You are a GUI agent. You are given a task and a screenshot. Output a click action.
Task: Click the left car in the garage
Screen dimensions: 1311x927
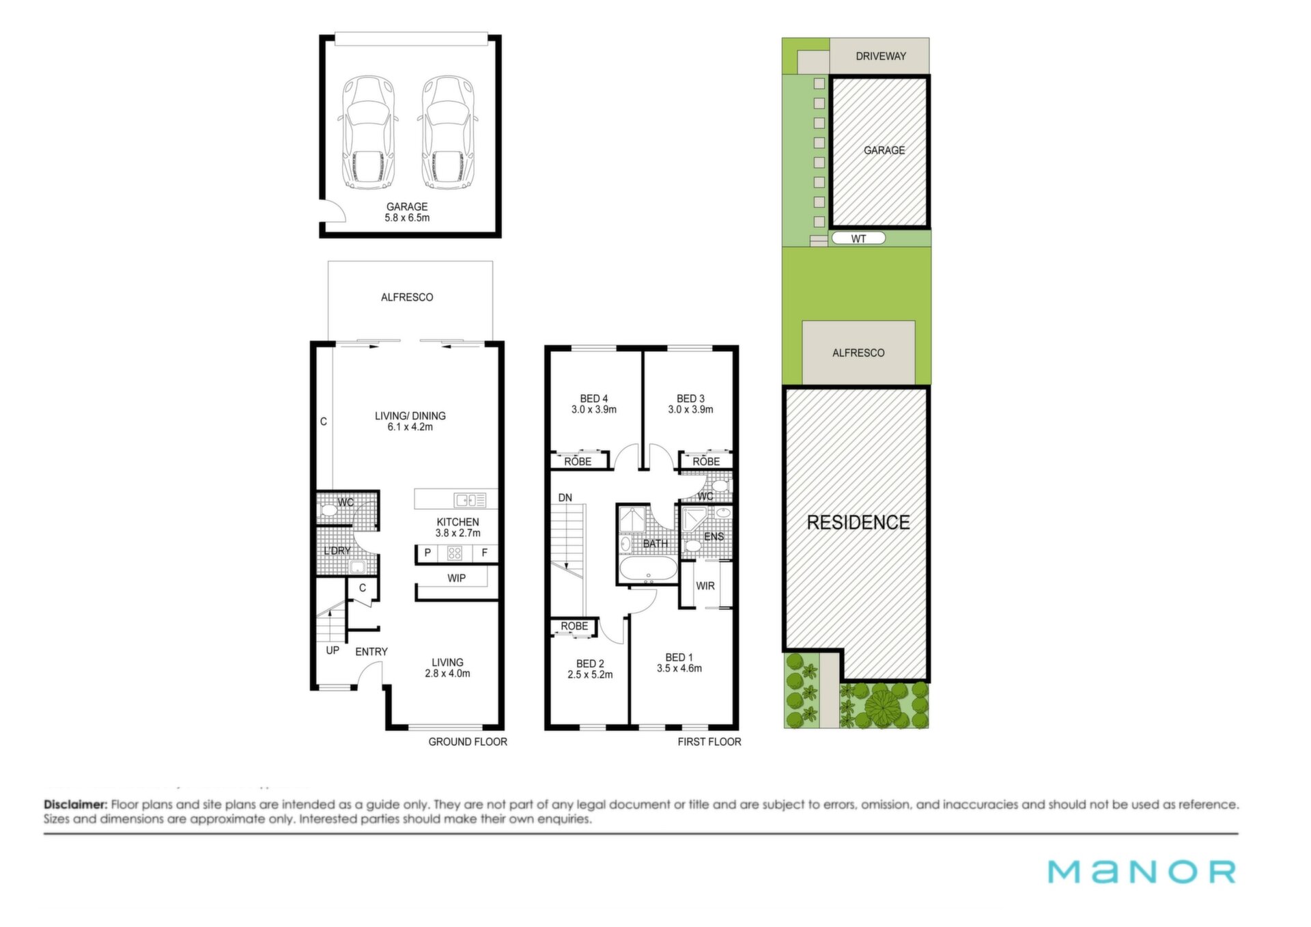tap(368, 133)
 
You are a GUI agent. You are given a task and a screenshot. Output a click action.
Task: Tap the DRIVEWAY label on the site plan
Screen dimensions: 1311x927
tap(881, 56)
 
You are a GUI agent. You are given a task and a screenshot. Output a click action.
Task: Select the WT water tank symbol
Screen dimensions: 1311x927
tap(858, 238)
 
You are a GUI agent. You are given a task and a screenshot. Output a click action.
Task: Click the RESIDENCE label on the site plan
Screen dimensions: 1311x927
tap(858, 523)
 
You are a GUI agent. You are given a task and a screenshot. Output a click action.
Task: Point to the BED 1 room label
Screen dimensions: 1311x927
tap(679, 657)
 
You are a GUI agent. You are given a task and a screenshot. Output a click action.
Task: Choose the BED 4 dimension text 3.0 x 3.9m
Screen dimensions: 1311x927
tap(594, 410)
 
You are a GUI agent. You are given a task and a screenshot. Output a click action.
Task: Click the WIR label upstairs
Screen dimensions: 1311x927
tap(705, 586)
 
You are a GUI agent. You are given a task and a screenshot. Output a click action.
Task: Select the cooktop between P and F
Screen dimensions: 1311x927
tap(455, 553)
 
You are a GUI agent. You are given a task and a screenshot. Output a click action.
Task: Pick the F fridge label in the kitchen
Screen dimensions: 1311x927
tap(485, 553)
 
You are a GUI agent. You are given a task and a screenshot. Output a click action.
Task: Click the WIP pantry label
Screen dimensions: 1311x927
tap(457, 578)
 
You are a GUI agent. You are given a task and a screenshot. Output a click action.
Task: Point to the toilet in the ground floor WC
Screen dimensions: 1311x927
tap(330, 510)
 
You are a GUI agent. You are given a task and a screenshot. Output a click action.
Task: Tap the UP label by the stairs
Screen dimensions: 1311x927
tap(333, 650)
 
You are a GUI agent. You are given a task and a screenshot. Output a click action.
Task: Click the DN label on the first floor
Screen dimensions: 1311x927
tap(565, 498)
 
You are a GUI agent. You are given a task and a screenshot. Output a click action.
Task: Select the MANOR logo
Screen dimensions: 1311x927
tap(1142, 872)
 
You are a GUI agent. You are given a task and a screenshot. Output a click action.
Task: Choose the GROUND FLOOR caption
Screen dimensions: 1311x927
tap(468, 742)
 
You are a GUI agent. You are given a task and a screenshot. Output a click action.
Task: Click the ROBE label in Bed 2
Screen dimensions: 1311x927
tap(574, 626)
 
